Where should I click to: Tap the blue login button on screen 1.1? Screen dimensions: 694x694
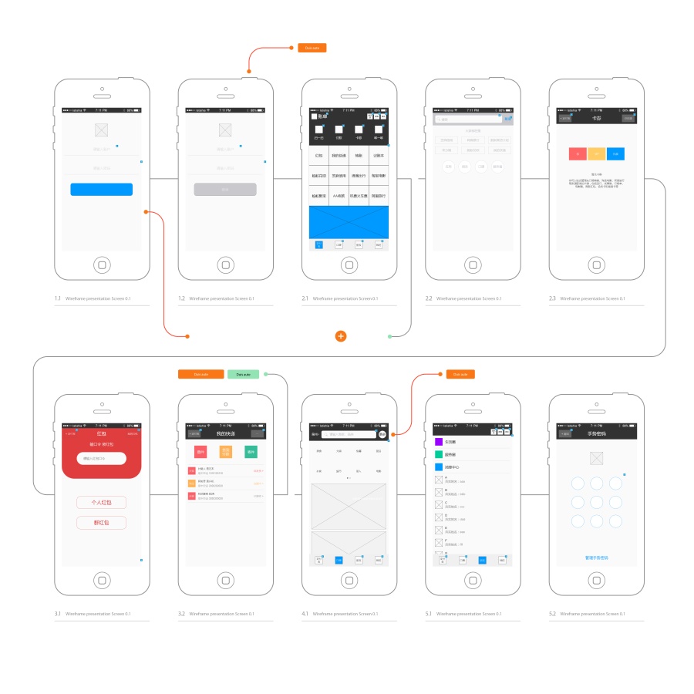(101, 190)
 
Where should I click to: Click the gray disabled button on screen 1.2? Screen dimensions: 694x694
(225, 190)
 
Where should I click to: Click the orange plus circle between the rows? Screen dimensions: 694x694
(341, 336)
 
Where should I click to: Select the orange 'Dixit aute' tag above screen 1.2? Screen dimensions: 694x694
(312, 48)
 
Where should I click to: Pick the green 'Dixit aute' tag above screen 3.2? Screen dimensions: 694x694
(243, 374)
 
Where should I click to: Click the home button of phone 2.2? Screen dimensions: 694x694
(473, 264)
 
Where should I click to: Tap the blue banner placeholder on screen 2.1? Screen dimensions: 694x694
(349, 222)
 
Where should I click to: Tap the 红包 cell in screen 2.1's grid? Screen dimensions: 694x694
(319, 156)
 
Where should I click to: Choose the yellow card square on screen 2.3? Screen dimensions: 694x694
(595, 154)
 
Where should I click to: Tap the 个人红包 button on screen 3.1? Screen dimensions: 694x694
(101, 503)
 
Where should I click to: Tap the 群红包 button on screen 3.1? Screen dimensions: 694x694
(101, 523)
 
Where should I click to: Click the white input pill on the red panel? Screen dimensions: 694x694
(101, 459)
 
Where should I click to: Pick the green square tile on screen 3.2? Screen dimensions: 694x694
(251, 453)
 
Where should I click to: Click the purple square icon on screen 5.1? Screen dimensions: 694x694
(439, 442)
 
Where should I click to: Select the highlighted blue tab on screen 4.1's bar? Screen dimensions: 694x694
(339, 561)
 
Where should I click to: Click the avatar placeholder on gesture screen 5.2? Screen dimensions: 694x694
(595, 459)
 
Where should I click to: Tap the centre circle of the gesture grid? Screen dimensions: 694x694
(596, 502)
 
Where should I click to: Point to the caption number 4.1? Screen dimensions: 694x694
(305, 614)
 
